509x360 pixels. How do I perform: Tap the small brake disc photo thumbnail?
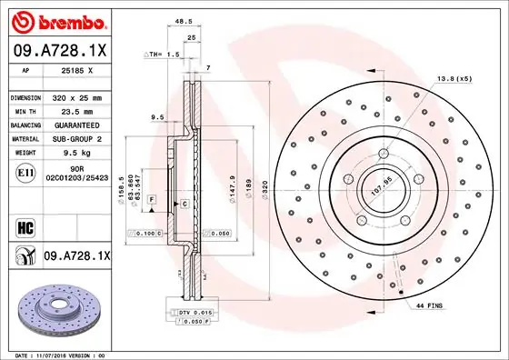click(x=57, y=305)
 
